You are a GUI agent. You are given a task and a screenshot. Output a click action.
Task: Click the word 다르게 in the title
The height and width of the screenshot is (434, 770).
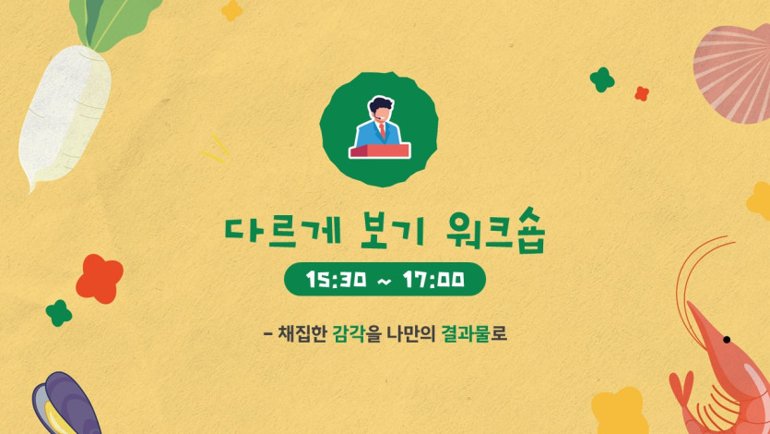point(282,230)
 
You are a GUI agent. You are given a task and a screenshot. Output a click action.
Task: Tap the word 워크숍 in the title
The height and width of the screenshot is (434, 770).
point(496,230)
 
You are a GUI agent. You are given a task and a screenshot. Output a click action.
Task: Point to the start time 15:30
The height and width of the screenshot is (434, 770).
point(336,279)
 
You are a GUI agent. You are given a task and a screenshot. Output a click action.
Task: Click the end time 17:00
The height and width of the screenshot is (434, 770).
point(433,279)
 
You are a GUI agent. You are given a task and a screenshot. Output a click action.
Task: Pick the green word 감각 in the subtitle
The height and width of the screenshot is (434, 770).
point(349,333)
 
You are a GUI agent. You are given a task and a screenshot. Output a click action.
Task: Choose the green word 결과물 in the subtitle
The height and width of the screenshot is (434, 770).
point(466,333)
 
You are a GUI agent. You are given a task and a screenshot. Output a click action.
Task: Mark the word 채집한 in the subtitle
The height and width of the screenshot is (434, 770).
point(302,333)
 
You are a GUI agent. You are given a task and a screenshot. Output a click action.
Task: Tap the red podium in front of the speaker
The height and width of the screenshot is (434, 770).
point(379,151)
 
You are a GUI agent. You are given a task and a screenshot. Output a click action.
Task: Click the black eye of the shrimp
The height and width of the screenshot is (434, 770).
point(727,340)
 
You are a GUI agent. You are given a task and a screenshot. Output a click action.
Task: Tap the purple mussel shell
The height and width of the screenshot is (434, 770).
point(65,404)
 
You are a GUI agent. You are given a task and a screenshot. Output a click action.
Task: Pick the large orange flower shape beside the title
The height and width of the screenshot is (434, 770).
point(100,279)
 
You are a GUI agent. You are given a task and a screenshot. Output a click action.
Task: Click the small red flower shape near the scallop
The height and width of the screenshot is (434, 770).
point(641,93)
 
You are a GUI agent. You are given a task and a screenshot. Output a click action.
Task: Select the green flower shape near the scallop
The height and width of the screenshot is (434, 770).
point(602,79)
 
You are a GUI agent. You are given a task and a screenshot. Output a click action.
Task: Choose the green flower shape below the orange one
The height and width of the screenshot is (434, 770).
point(59,313)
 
